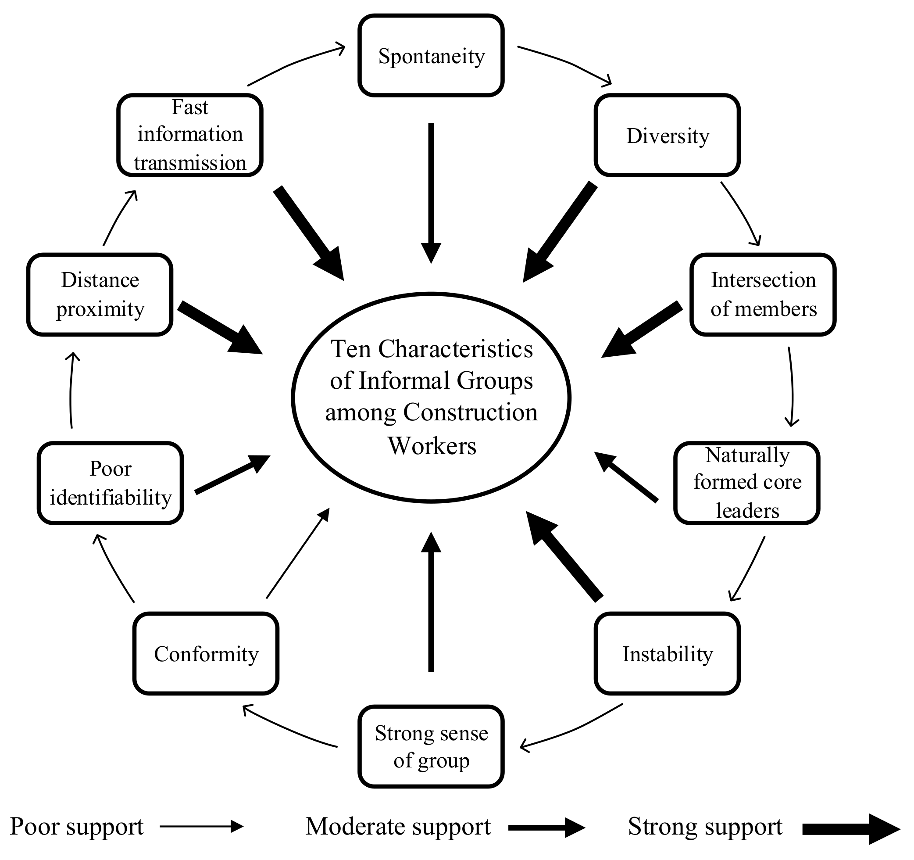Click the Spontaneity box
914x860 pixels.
[x=431, y=56]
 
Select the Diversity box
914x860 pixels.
[x=667, y=135]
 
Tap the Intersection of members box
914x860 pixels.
[x=763, y=294]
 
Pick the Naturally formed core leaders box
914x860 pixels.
[x=746, y=483]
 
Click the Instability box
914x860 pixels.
[x=667, y=653]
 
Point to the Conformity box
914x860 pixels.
[x=206, y=653]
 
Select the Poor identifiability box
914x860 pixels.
[x=111, y=483]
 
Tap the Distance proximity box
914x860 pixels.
[x=100, y=294]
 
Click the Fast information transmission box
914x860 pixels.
[x=190, y=135]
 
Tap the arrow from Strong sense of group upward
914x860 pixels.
[x=431, y=602]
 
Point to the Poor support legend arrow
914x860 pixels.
[x=201, y=826]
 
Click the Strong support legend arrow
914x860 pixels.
[x=850, y=829]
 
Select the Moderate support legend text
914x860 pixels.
[x=398, y=826]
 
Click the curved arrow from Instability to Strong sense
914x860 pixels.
[x=570, y=729]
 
